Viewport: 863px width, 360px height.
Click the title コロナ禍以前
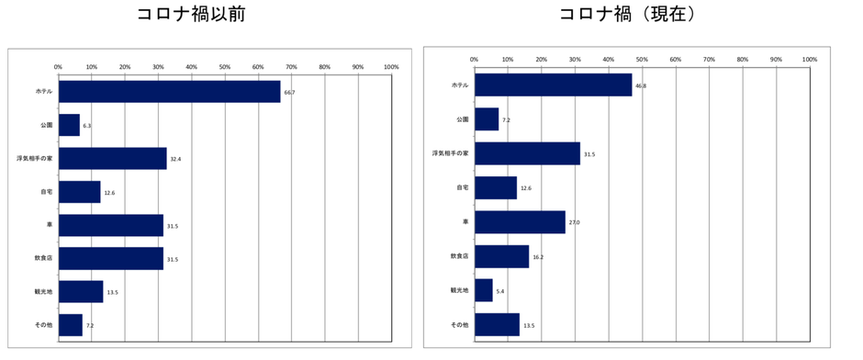[191, 15]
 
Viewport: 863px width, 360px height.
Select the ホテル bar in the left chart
[169, 92]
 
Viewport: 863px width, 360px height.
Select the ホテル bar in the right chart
[553, 84]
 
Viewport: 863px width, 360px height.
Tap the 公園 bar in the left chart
[69, 125]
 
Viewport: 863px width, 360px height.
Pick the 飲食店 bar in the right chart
[501, 256]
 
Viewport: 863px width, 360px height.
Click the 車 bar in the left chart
[110, 225]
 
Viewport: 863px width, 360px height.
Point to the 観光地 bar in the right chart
[484, 290]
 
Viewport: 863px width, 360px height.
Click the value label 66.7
[290, 92]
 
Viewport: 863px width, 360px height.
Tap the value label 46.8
[641, 85]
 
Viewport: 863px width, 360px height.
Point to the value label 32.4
[174, 159]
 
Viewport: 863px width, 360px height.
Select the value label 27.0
[575, 222]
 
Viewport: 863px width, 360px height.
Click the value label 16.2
[538, 257]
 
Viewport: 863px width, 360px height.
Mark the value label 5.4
[501, 291]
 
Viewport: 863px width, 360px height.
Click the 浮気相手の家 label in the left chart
[34, 159]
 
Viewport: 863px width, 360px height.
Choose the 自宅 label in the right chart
[461, 188]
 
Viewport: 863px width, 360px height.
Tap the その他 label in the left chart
[42, 325]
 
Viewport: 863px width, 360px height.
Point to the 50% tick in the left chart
[225, 66]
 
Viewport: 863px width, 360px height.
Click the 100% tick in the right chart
[809, 60]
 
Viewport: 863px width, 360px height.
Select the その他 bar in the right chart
[497, 324]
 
